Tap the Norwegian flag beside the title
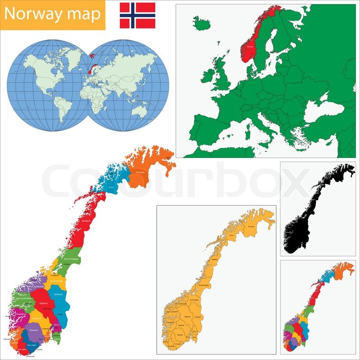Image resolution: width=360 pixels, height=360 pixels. [x=137, y=15]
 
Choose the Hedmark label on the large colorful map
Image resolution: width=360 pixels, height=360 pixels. [x=58, y=294]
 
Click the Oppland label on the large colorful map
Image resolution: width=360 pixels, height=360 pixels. [x=44, y=303]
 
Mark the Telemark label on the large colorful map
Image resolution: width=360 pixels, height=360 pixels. [x=33, y=331]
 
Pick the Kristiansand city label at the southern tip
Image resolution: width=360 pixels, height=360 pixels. [x=31, y=356]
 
